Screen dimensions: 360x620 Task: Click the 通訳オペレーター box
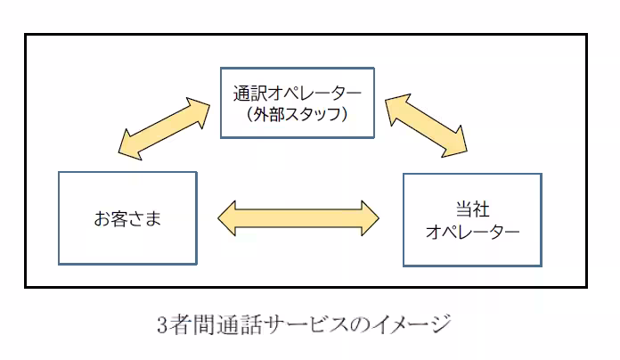click(x=298, y=102)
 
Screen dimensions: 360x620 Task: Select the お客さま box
click(x=127, y=217)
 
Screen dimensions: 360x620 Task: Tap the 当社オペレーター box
click(x=472, y=219)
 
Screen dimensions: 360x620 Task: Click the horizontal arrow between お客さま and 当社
click(x=299, y=217)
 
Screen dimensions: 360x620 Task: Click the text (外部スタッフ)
click(x=298, y=114)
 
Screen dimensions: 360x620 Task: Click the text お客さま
click(x=127, y=218)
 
